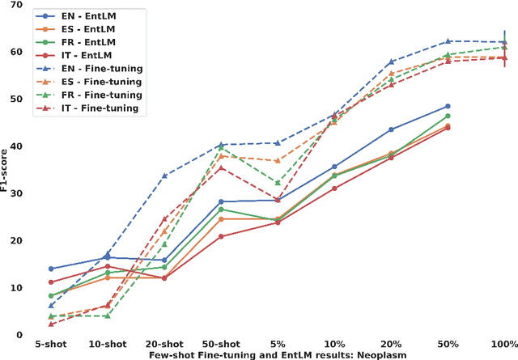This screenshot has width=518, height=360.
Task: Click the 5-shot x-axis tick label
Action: point(50,344)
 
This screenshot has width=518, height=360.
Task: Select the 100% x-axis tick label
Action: point(504,344)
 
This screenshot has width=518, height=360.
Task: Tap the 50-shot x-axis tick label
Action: point(220,344)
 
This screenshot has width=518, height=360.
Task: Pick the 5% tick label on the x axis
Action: point(277,344)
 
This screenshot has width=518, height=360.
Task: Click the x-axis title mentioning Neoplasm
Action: point(278,354)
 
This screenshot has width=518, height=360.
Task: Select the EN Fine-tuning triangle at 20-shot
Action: point(163,176)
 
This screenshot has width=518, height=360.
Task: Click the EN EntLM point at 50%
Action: point(448,106)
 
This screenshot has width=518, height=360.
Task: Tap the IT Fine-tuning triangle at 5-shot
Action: point(50,324)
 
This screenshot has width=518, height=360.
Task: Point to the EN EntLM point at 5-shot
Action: point(50,269)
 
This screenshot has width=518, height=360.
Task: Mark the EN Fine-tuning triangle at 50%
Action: point(448,41)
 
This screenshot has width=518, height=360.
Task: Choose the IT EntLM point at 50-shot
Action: point(220,236)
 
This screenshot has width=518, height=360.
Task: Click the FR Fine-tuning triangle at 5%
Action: point(277,183)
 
